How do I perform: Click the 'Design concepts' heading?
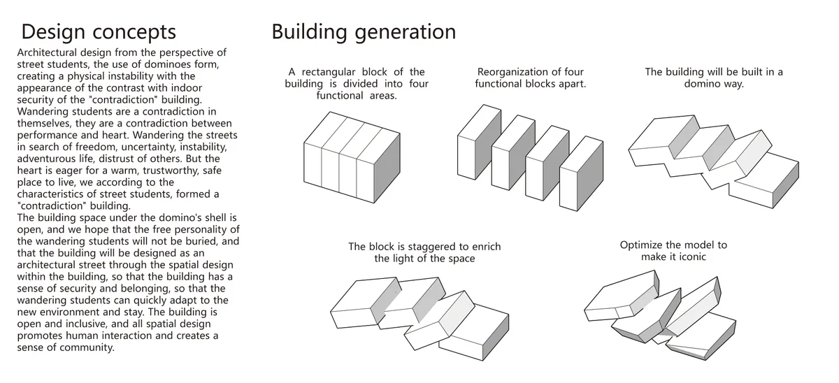[x=99, y=32]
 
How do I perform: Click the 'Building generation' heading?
[x=364, y=32]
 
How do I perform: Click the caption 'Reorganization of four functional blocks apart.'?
[x=531, y=78]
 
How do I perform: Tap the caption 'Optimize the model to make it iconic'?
[x=673, y=251]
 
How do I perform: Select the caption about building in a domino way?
[x=714, y=78]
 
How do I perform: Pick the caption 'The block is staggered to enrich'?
[x=424, y=247]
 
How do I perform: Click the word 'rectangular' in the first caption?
[x=329, y=72]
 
